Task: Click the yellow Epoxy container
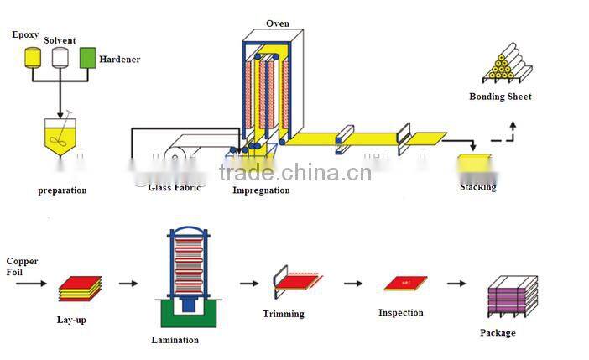click(33, 57)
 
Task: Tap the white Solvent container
click(60, 57)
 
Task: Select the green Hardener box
click(87, 57)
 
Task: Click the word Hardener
click(119, 60)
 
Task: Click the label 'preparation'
click(62, 190)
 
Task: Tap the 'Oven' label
click(278, 23)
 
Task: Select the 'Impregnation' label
click(261, 190)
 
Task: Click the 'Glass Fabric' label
click(175, 188)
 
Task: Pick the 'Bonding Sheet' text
click(500, 97)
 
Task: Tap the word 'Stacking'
click(477, 187)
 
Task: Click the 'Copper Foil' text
click(22, 267)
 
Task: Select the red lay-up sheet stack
click(80, 287)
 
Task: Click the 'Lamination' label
click(175, 340)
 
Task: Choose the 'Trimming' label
click(284, 314)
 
